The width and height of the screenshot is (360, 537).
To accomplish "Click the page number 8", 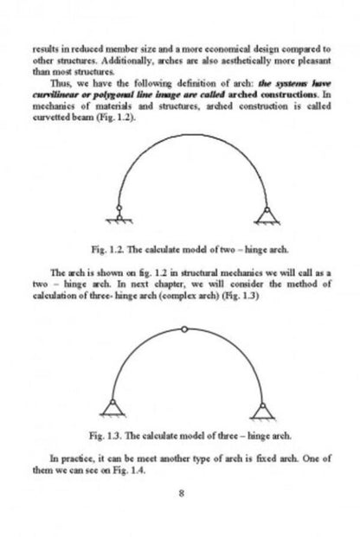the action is pyautogui.click(x=180, y=494).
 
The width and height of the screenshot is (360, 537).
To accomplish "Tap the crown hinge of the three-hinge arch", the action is pyautogui.click(x=185, y=329).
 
